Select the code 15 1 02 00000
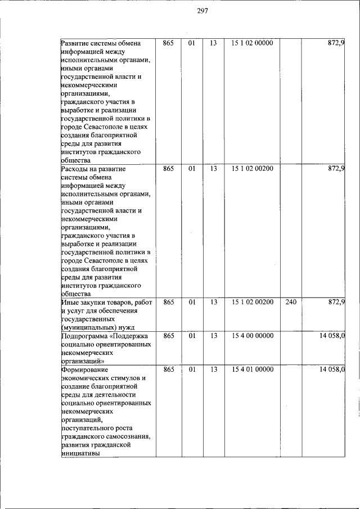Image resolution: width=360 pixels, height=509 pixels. pos(252,43)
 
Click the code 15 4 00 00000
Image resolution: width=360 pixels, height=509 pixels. pos(252,336)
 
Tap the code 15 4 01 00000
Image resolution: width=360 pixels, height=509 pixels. pos(252,370)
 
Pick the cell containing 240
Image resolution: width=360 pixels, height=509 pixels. pos(290,302)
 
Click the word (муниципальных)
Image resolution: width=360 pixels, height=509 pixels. pos(88,328)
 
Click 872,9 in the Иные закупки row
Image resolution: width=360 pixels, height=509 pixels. pos(336,302)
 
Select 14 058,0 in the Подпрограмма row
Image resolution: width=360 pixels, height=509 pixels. pos(332,336)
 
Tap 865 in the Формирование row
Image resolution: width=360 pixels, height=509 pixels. pos(168,370)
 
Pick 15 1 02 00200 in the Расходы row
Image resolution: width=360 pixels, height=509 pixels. pos(252,168)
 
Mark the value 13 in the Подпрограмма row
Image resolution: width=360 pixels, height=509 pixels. pos(213,336)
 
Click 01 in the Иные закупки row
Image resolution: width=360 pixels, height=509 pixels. pos(191,302)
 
